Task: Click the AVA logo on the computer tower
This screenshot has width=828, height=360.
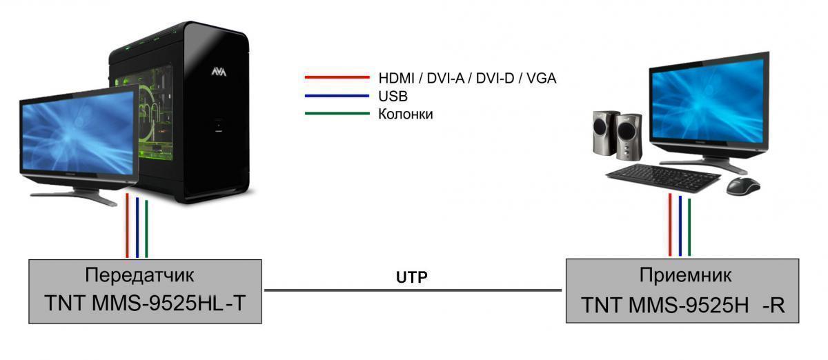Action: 219,71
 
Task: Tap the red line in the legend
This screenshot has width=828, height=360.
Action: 337,77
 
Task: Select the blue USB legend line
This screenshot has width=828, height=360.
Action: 337,96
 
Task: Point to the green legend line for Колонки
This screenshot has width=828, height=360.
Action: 337,114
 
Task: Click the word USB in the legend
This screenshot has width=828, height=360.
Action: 393,96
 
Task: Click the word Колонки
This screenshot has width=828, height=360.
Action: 406,114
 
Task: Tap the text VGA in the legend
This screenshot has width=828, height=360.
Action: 541,78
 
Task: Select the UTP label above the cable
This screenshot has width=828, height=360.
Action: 411,277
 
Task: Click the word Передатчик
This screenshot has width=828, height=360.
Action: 139,275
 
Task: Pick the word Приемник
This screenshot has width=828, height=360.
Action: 685,275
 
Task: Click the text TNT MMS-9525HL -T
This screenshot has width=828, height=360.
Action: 145,303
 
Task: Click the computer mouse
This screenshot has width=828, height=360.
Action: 743,186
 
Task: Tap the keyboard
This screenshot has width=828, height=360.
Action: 663,178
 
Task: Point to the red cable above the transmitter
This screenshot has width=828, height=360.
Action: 127,226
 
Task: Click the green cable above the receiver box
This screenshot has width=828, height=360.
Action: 689,227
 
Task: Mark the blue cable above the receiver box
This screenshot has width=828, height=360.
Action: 680,226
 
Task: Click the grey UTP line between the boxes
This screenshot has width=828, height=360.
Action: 413,290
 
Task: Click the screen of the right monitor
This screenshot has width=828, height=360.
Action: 708,101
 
